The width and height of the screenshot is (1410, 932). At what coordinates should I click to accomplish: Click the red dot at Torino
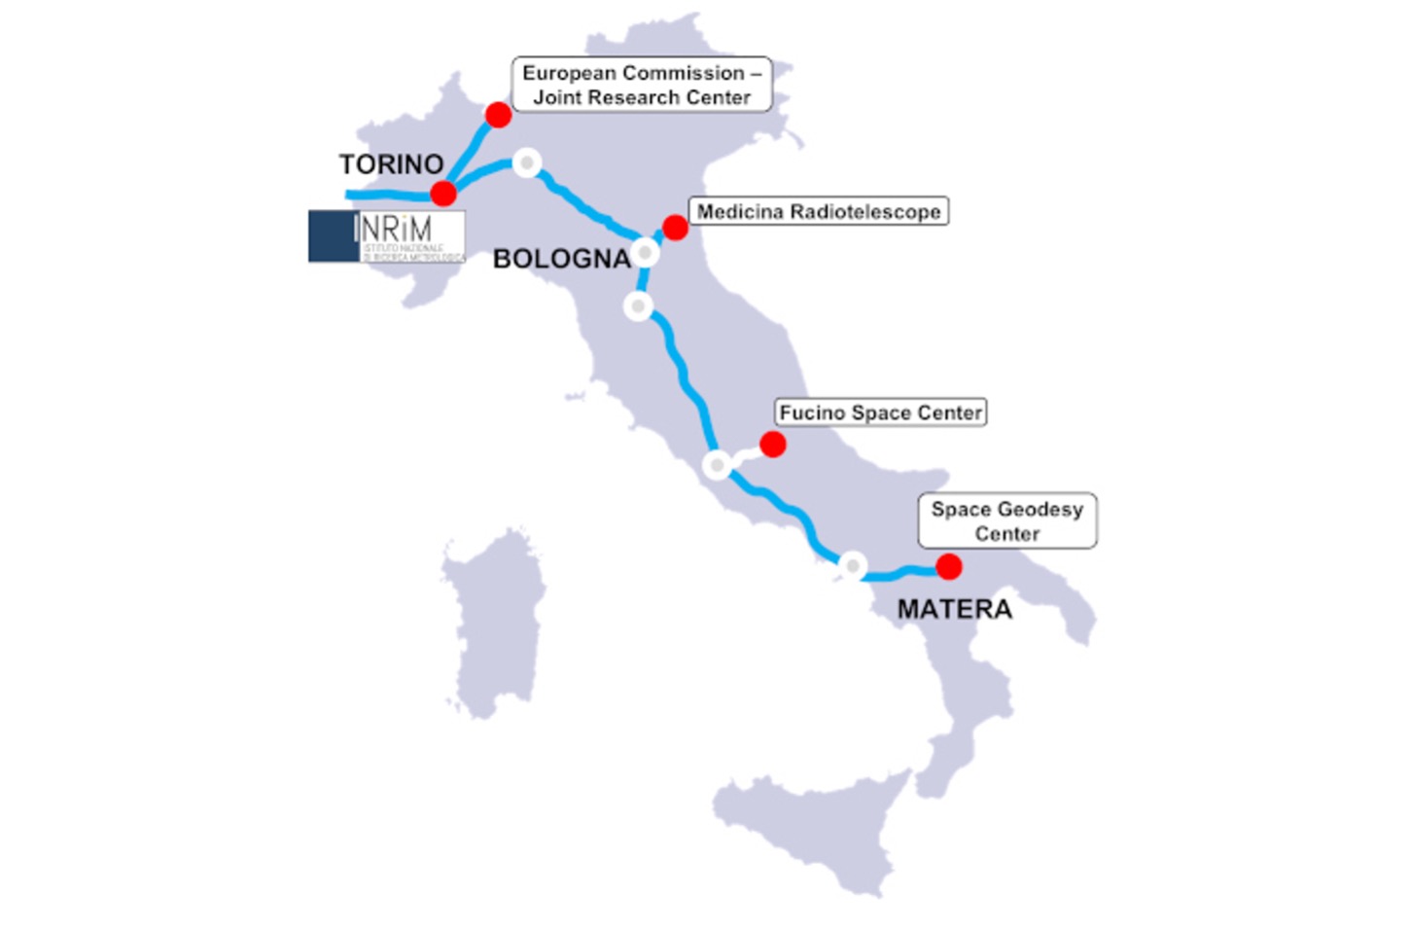point(443,193)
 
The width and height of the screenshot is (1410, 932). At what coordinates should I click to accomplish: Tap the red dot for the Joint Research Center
point(498,115)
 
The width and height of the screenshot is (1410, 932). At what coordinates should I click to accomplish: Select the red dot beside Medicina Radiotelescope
point(675,228)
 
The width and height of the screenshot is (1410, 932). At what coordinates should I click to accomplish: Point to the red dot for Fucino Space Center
point(773,445)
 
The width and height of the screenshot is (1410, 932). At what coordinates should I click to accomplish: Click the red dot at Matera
point(949,566)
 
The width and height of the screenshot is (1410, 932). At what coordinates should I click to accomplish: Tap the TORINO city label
point(391,164)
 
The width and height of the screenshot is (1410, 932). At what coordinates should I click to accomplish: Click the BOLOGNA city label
point(561,259)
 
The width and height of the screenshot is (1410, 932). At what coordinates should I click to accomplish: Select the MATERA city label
point(954,610)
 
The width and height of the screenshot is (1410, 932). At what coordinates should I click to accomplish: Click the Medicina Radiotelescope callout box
point(819,212)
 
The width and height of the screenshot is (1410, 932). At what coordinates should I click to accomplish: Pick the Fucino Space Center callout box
point(881,412)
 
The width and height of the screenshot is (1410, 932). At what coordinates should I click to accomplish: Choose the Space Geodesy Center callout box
point(1006,521)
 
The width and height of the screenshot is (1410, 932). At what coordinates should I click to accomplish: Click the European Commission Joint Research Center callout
point(642,85)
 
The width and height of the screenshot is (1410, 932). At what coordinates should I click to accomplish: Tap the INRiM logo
point(387,236)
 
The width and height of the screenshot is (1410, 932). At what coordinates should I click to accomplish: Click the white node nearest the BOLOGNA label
point(645,253)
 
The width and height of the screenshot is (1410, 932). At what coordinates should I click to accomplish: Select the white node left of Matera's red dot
point(853,565)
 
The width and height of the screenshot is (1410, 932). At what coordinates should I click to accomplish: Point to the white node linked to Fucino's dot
point(717,465)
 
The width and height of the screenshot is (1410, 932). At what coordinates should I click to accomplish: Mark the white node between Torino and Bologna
point(526,162)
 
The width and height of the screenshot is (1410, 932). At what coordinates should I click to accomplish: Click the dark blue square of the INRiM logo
point(333,236)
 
